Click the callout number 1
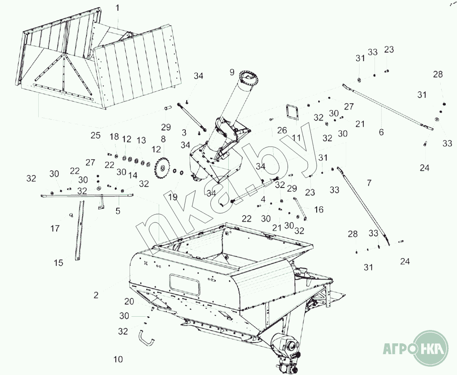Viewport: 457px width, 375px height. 117,8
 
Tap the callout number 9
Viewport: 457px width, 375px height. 232,72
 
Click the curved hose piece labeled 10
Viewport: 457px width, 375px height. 146,338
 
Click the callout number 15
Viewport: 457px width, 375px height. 59,263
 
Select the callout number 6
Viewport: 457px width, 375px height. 381,132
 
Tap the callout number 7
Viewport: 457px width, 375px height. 369,183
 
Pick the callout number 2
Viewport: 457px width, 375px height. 96,295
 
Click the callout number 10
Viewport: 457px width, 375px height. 118,360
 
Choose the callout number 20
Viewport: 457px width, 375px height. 129,302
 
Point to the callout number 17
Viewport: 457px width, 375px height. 55,229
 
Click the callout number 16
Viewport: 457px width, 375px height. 319,209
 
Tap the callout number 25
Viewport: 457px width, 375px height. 95,135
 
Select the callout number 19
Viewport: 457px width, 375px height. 172,197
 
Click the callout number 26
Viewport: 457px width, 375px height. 282,130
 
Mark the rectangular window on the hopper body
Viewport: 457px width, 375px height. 185,285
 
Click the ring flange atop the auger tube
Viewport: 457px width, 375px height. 249,78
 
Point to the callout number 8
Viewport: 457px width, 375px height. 163,139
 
